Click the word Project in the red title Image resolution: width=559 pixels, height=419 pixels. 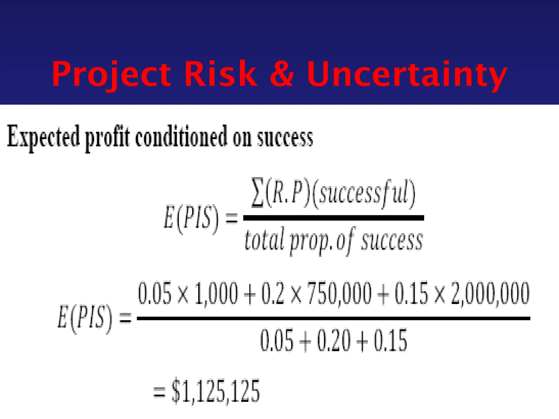pos(111,74)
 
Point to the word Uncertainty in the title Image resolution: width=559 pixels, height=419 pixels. pos(407,74)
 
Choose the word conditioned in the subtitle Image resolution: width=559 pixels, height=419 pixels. pos(181,136)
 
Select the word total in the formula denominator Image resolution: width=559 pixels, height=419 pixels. pos(264,240)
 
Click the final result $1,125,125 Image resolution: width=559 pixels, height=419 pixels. pos(216,391)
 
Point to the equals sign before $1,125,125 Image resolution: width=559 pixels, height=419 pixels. pos(159,393)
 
